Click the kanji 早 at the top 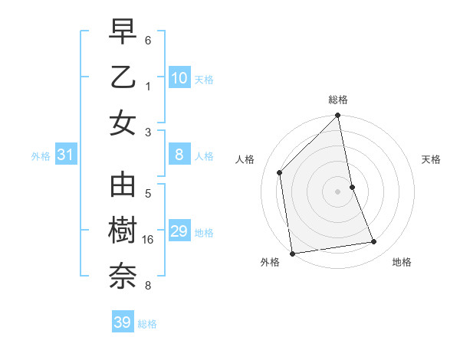coord(123,34)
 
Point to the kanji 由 coord(123,186)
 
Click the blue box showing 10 coord(179,78)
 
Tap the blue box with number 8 coord(179,155)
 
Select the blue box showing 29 coord(179,231)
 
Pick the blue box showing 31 coord(65,155)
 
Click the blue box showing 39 coord(122,322)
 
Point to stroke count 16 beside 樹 coord(148,240)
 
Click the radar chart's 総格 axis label coord(338,100)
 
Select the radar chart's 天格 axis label coord(432,159)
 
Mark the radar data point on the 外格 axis coord(292,253)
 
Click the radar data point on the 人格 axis coord(280,172)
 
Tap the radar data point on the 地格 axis coord(374,242)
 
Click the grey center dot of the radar coord(338,191)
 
